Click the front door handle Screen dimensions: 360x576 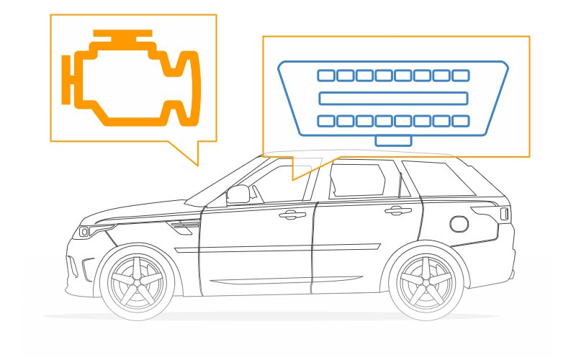pyautogui.click(x=291, y=215)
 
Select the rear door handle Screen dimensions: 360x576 pyautogui.click(x=395, y=211)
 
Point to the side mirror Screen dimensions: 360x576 pyautogui.click(x=238, y=194)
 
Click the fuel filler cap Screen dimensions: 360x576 pyautogui.click(x=459, y=223)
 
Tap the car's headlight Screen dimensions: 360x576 pyautogui.click(x=87, y=232)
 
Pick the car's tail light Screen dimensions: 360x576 pyautogui.click(x=505, y=213)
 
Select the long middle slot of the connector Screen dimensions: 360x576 pyautogui.click(x=393, y=98)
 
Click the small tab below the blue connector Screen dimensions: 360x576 pyautogui.click(x=393, y=140)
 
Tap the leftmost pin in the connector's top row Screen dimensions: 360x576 pyautogui.click(x=325, y=75)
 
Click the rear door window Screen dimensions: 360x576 pyautogui.click(x=357, y=181)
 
